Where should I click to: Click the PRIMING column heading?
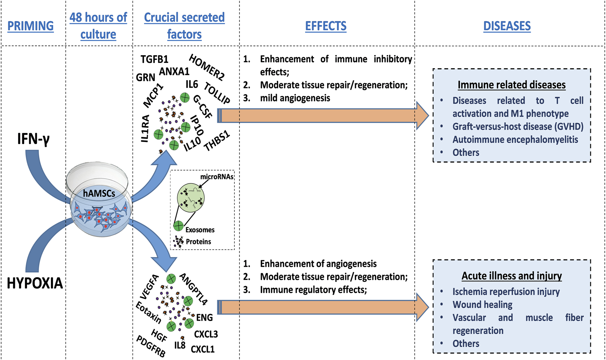[x=30, y=26]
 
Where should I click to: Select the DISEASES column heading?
[x=507, y=26]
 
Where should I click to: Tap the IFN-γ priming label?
[x=34, y=139]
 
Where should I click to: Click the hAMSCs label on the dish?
[x=99, y=194]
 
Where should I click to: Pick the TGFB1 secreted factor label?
[x=155, y=59]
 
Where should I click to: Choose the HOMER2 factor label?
[x=207, y=67]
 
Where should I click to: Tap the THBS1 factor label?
[x=217, y=141]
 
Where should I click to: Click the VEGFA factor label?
[x=150, y=287]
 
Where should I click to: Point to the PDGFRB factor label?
[x=151, y=346]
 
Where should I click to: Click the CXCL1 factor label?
[x=202, y=349]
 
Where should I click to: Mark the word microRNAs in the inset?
[x=217, y=177]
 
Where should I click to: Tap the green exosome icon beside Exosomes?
[x=178, y=226]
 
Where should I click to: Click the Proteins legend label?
[x=198, y=242]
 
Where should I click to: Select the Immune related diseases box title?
[x=512, y=85]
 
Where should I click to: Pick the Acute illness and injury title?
[x=512, y=276]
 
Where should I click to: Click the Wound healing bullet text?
[x=482, y=305]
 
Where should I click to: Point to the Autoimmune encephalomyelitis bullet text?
[x=515, y=140]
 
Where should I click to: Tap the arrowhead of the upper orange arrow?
[x=423, y=116]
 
